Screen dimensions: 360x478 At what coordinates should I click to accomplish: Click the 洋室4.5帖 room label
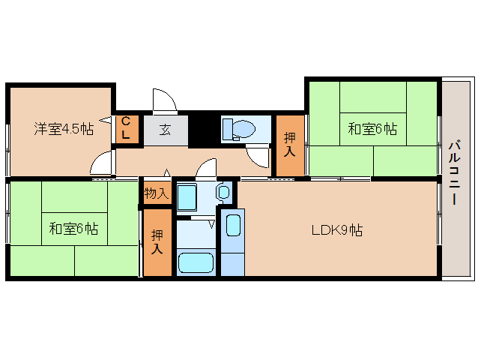(63, 128)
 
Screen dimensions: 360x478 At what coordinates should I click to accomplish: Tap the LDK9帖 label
(337, 230)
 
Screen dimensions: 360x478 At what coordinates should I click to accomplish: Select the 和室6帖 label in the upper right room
(372, 129)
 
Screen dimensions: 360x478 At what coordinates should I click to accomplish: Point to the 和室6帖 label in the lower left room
(73, 228)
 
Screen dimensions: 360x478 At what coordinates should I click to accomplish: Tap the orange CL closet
(126, 129)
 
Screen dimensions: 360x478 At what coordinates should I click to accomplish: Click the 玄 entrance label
(165, 129)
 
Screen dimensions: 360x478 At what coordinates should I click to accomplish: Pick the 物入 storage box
(157, 193)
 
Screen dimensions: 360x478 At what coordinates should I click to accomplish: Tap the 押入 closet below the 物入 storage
(157, 242)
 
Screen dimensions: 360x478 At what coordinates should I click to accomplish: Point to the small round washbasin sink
(224, 193)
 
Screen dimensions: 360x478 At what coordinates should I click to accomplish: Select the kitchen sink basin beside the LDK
(232, 224)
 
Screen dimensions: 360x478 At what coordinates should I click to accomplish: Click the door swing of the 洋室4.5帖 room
(102, 162)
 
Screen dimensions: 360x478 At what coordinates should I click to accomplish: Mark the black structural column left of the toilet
(202, 128)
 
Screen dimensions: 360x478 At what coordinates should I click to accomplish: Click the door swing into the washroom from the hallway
(207, 169)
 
